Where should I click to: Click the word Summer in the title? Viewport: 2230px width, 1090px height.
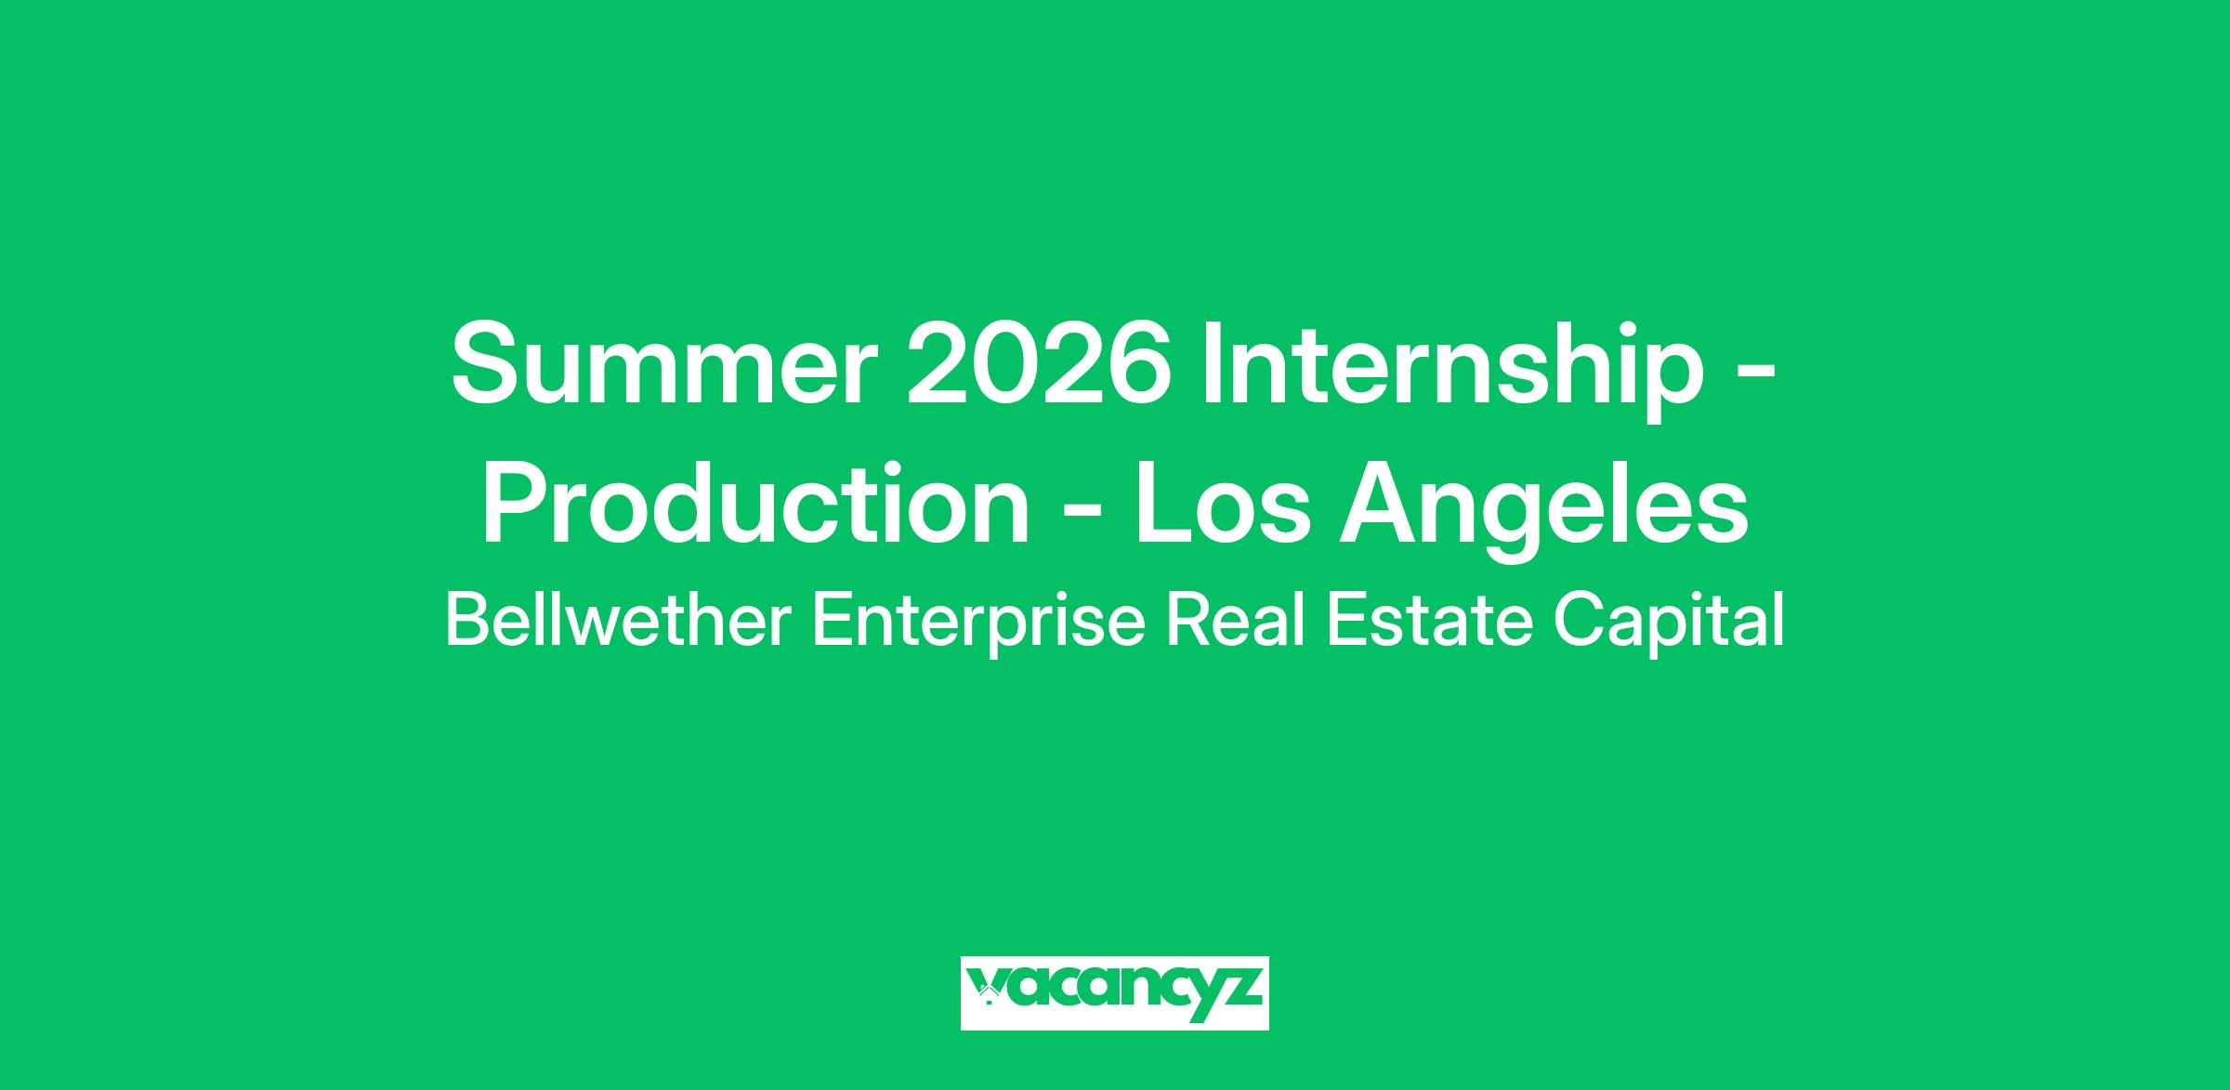pos(664,366)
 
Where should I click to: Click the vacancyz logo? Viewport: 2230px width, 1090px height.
pos(1114,993)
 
